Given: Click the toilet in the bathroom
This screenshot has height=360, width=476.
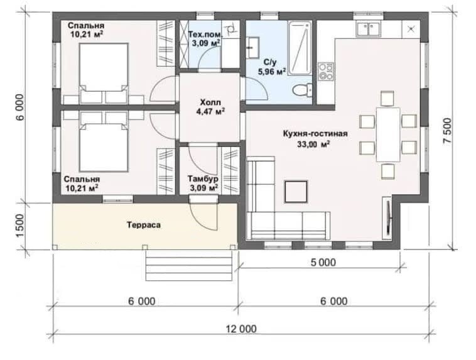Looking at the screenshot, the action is pos(302,90).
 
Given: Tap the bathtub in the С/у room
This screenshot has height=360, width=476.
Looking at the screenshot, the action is pos(300,48).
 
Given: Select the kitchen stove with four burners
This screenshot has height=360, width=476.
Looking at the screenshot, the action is pos(326,72).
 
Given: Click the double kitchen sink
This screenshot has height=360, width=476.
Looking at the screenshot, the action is pos(369,30).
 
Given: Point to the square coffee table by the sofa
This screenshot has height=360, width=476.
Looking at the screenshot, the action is pos(296,192).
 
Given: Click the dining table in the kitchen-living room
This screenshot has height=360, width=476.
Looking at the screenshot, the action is pos(388,134).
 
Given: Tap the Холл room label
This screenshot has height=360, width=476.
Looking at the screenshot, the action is pos(210,102).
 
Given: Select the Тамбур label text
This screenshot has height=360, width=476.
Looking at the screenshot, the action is pos(203,178).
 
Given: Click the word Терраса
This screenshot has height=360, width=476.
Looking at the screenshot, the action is pos(144,225).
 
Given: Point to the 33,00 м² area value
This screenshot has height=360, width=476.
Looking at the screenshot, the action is pos(313,145).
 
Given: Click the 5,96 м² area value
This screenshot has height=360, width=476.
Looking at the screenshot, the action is pos(272,72).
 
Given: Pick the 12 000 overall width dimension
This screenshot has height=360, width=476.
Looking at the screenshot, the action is pos(241,329).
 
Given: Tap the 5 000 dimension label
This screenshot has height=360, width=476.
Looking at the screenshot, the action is pos(323,262).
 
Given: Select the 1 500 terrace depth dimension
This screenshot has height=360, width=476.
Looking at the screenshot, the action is pos(19,226).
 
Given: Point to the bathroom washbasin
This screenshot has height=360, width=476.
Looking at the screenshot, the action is pos(252,47).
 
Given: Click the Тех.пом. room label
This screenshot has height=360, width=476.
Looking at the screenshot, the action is pos(205,34).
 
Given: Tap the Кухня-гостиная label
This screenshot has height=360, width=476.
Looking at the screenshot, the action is pos(315,133).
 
